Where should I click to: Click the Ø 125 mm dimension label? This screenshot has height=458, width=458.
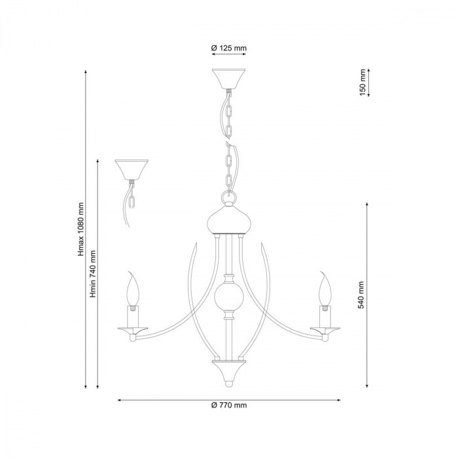pyautogui.click(x=229, y=48)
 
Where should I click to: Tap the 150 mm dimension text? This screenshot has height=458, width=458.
pyautogui.click(x=362, y=82)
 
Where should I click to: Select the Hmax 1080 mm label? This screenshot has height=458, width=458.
pyautogui.click(x=81, y=229)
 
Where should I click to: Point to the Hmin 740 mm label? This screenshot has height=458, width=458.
pyautogui.click(x=93, y=273)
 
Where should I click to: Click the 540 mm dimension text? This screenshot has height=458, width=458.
pyautogui.click(x=361, y=295)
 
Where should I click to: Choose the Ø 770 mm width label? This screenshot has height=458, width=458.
pyautogui.click(x=229, y=405)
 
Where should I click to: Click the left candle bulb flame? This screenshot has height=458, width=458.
pyautogui.click(x=132, y=289)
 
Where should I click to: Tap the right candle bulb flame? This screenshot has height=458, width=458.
pyautogui.click(x=325, y=289)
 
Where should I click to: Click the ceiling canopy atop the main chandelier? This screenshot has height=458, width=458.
pyautogui.click(x=229, y=79)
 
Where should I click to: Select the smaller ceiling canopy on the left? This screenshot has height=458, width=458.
pyautogui.click(x=132, y=169)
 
